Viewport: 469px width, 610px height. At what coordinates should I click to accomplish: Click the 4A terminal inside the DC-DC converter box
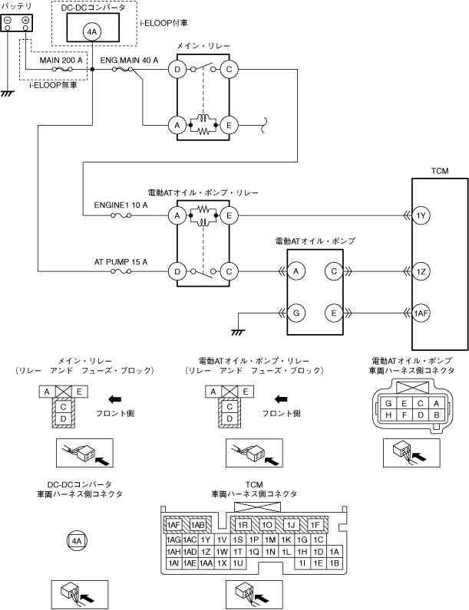click(92, 33)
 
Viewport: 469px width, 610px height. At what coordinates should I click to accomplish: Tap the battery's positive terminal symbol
click(25, 20)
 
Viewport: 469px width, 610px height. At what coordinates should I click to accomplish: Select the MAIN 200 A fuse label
click(61, 61)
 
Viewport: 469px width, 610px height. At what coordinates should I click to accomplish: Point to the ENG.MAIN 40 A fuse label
click(129, 61)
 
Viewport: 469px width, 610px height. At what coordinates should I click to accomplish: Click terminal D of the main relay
click(177, 70)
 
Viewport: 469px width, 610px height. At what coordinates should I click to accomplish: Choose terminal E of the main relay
click(229, 125)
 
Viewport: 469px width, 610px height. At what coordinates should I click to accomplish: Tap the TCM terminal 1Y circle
click(421, 215)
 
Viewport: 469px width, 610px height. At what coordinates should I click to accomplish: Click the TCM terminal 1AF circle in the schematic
click(421, 313)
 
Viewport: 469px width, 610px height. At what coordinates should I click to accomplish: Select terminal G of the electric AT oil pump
click(296, 313)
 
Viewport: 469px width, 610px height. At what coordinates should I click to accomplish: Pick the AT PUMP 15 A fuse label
click(121, 262)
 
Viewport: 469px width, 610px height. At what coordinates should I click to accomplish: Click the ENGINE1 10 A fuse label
click(121, 205)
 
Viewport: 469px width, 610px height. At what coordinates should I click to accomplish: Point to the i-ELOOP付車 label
click(164, 23)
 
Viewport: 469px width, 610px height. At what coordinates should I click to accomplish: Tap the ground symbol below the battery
click(8, 93)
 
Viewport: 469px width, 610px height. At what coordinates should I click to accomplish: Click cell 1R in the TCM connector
click(243, 525)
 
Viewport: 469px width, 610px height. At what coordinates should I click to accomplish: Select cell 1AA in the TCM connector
click(206, 563)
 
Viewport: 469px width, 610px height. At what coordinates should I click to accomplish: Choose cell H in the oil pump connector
click(388, 415)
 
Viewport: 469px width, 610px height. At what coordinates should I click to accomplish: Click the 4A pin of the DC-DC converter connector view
click(76, 540)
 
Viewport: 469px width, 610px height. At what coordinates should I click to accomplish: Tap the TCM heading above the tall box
click(440, 171)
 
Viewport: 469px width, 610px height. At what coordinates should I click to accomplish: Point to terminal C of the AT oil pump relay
click(229, 271)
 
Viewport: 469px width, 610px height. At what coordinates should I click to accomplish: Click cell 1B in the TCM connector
click(334, 563)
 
